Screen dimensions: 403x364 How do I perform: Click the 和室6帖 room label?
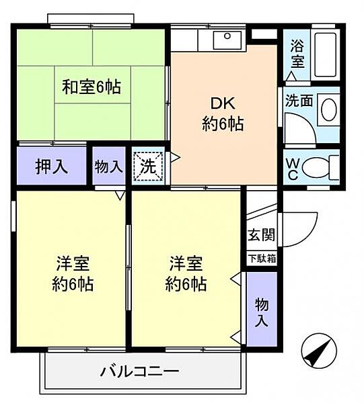[x=91, y=87]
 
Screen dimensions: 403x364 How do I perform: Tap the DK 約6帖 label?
[x=222, y=114]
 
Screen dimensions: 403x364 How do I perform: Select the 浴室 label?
[x=297, y=54]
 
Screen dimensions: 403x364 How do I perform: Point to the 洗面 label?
[x=298, y=101]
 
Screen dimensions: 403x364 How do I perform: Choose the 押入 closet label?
[x=51, y=166]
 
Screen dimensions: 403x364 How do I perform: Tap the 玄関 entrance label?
[x=261, y=236]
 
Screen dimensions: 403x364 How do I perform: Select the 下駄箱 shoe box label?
[x=261, y=259]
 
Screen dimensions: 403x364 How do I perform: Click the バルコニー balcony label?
[x=140, y=370]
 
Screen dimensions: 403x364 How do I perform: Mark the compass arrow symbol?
[x=318, y=351]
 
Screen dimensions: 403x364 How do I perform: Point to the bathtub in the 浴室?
[x=325, y=53]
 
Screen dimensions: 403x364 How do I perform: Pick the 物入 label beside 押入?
[x=108, y=166]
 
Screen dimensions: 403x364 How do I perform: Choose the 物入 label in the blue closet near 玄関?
[x=262, y=311]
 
